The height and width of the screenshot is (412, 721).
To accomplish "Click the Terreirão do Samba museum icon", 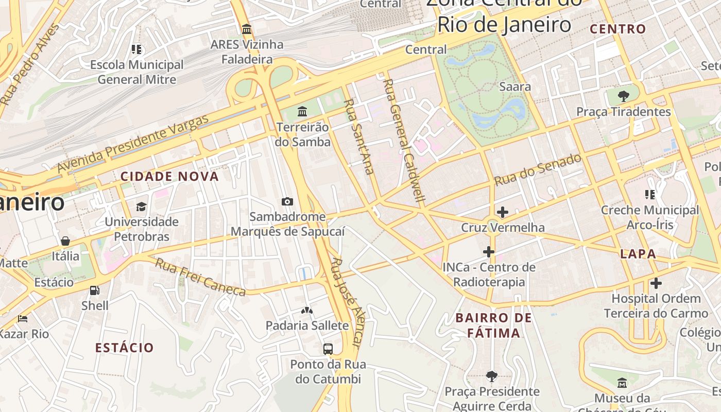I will click(x=302, y=111).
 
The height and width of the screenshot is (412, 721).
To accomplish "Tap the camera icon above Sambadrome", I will click(x=287, y=201).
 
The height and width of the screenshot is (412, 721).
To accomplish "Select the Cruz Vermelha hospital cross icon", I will click(x=502, y=212).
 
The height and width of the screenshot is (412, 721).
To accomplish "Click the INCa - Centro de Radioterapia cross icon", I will click(x=488, y=252).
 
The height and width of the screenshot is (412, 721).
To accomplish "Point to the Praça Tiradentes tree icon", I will click(x=623, y=96).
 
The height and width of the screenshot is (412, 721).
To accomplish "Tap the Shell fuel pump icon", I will click(x=95, y=290).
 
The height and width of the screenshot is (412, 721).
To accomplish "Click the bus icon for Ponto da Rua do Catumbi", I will click(x=328, y=349).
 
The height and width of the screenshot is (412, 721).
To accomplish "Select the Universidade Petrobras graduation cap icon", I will click(x=141, y=207).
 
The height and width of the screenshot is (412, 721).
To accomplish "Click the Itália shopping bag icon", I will click(x=65, y=241).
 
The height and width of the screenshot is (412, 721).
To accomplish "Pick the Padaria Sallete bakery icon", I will click(x=307, y=310).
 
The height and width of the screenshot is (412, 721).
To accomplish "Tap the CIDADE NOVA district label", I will click(x=169, y=177).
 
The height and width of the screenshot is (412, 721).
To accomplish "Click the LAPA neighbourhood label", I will click(x=638, y=254).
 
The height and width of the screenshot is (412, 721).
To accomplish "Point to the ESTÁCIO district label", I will click(x=125, y=348).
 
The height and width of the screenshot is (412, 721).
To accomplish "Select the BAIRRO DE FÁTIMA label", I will click(x=494, y=325).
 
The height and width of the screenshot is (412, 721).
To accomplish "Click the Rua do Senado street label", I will click(x=538, y=170).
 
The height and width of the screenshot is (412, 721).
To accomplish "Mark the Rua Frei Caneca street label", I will click(x=201, y=278).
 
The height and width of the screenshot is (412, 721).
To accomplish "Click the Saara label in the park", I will click(x=514, y=87).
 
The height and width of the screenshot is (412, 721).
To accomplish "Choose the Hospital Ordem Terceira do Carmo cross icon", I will click(x=656, y=283).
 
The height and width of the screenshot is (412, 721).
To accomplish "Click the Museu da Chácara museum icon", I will click(x=622, y=383).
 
